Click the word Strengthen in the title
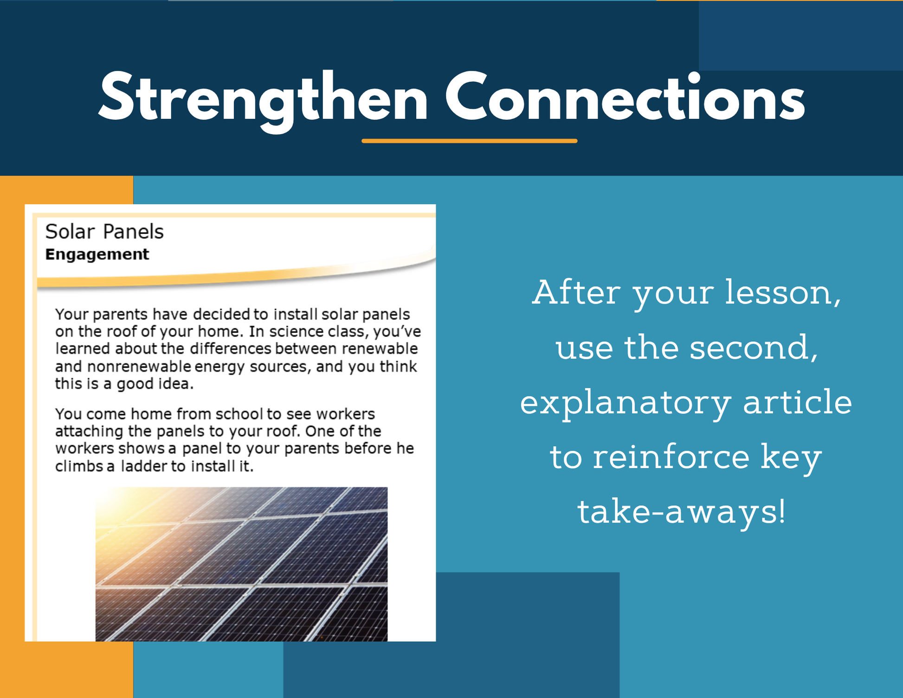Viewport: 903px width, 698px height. (263, 100)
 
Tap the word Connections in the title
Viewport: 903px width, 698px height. (625, 98)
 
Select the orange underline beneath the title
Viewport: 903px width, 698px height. (470, 141)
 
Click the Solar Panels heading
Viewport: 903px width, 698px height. (104, 231)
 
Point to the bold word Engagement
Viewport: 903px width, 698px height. (97, 255)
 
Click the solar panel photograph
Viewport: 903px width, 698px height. (241, 564)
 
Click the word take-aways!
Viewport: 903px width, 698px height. (682, 512)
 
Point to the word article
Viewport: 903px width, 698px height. (797, 402)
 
